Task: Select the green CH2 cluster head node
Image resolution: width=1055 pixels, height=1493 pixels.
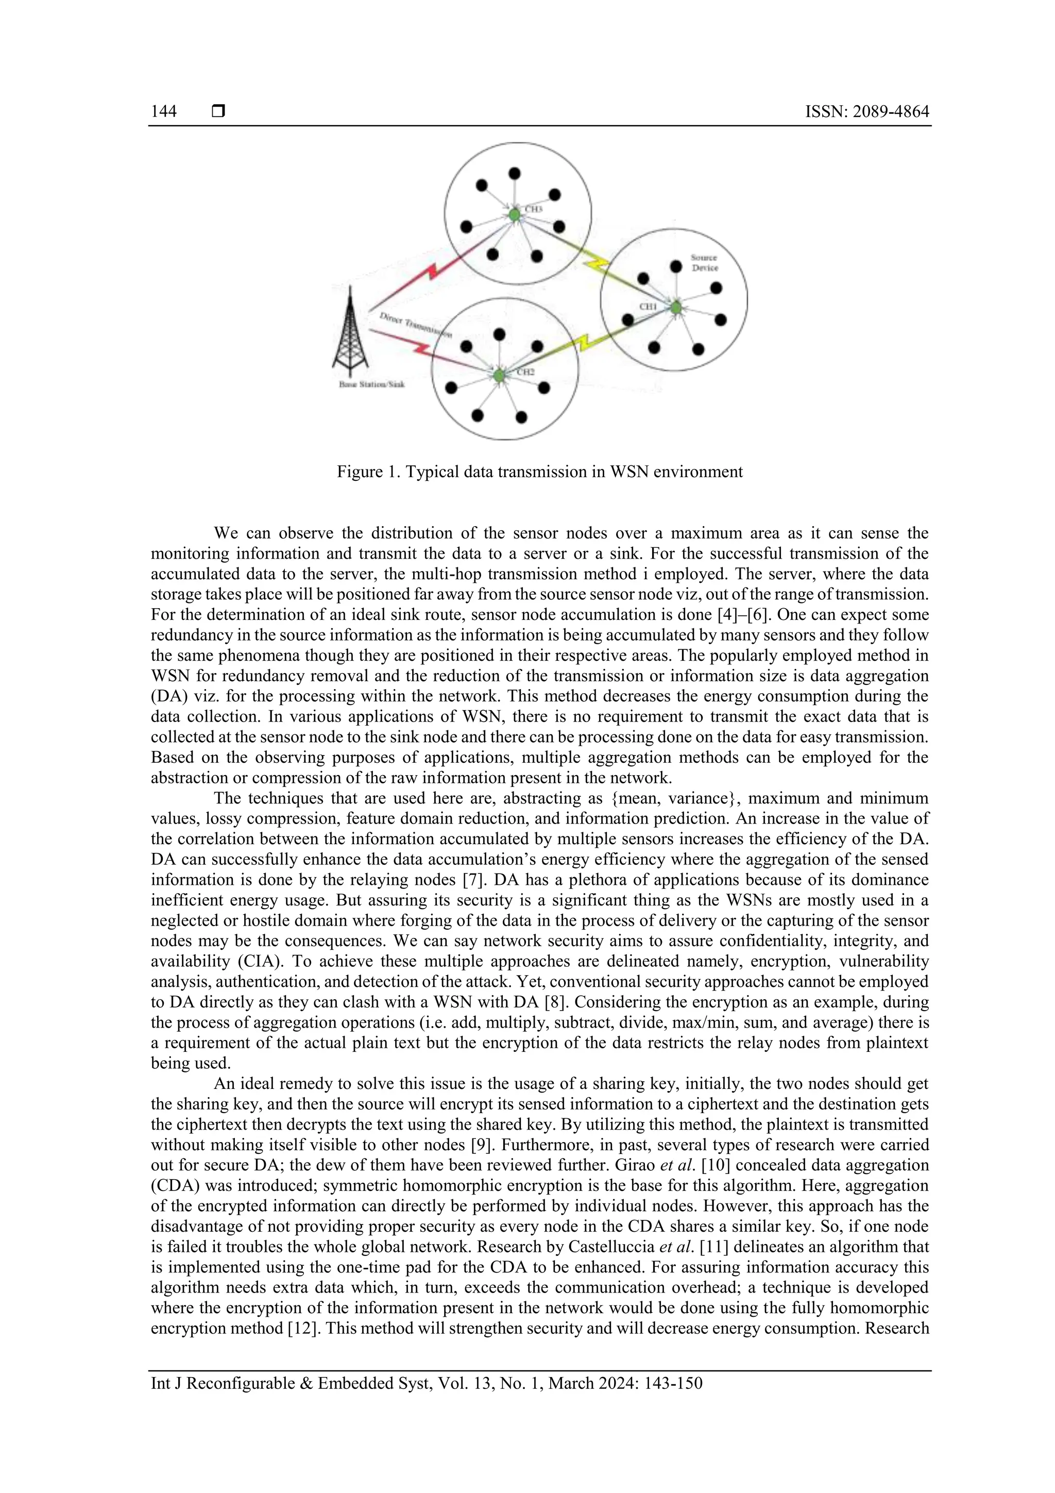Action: (x=499, y=375)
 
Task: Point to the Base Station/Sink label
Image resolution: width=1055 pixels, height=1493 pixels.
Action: (x=372, y=384)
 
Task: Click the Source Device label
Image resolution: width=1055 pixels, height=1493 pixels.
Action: (x=704, y=263)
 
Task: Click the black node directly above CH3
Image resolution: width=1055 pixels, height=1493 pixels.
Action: (x=514, y=174)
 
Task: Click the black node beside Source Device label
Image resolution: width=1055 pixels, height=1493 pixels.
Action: (x=676, y=266)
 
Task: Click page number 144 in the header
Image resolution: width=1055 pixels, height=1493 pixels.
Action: (x=164, y=111)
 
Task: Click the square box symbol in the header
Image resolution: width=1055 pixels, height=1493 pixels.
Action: (x=218, y=111)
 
